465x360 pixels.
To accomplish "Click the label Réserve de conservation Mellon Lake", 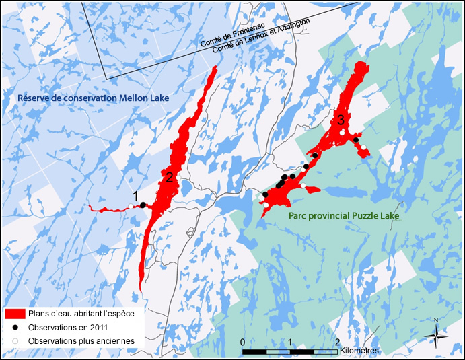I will (x=93, y=98).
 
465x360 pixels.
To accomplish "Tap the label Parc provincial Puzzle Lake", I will (x=343, y=216).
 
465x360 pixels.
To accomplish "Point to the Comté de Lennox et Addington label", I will (x=261, y=36).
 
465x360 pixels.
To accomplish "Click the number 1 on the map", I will (x=135, y=196).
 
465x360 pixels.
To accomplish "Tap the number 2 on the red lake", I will (x=170, y=177).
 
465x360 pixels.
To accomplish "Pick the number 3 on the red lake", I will (x=341, y=120).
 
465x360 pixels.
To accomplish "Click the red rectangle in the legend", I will (x=15, y=314).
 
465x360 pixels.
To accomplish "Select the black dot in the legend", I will (x=15, y=327).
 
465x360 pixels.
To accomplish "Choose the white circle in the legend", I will (x=15, y=341).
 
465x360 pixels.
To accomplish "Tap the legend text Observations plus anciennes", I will (x=81, y=341).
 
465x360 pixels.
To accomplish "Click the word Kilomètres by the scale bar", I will (x=360, y=351).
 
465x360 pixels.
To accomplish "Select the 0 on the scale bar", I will (x=242, y=343).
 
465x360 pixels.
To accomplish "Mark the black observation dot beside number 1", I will (x=143, y=205).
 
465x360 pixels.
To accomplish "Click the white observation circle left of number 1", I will (x=131, y=206).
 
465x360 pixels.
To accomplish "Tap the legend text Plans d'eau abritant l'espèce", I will (x=81, y=314).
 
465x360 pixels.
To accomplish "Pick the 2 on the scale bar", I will (x=337, y=343).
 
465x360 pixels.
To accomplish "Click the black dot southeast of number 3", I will (x=356, y=140).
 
